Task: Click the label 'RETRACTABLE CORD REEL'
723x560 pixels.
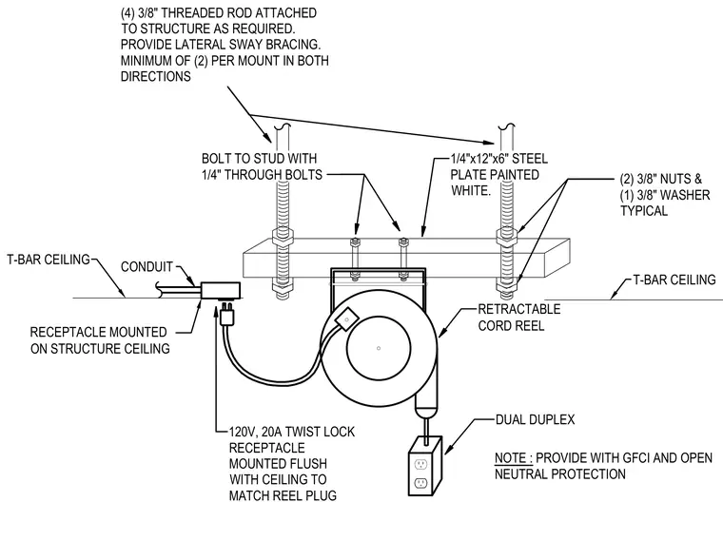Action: pos(519,318)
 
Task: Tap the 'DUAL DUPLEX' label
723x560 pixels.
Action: pos(535,419)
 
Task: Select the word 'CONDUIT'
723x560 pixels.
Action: pos(147,267)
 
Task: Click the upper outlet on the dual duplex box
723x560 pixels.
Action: pos(420,463)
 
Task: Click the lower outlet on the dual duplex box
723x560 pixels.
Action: pos(420,484)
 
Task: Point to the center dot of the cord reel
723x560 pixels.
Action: pos(379,348)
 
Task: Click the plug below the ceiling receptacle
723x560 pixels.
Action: pos(226,314)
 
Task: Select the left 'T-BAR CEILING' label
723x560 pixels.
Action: pos(49,260)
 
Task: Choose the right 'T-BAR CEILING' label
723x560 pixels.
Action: pos(674,280)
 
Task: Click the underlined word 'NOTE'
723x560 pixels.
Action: pos(511,458)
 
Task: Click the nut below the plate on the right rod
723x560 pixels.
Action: pos(506,287)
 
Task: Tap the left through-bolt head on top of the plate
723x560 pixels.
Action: pos(355,241)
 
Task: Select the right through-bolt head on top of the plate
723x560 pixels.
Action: pos(403,241)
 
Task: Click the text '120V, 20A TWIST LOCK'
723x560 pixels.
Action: pos(292,432)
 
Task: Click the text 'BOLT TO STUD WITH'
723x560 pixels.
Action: pos(259,159)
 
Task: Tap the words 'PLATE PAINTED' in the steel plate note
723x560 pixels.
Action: pos(495,175)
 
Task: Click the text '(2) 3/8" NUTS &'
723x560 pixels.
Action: pos(661,179)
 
